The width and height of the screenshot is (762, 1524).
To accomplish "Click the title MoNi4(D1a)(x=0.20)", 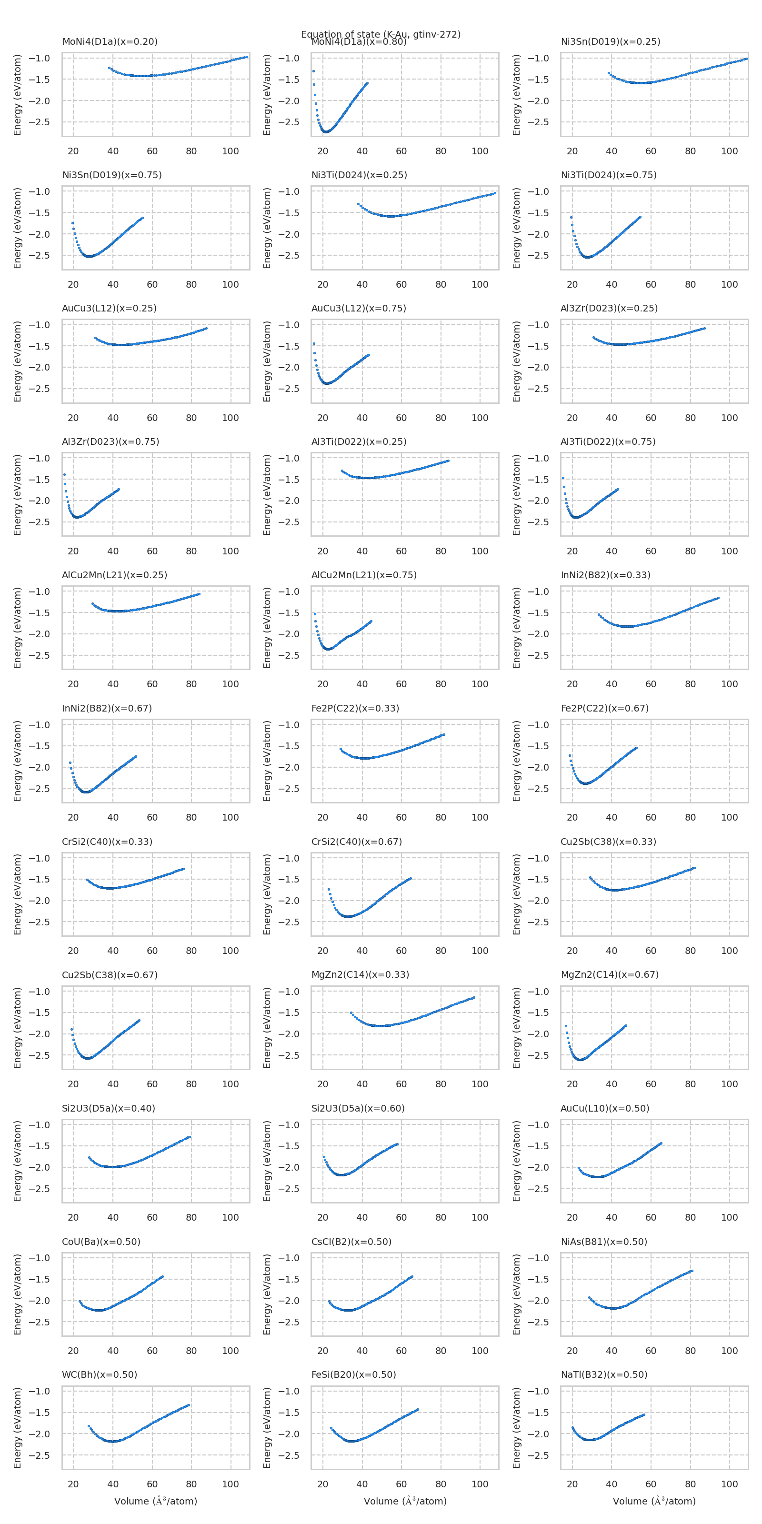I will tap(110, 41).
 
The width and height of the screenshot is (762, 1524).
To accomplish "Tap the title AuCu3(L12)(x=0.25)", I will tap(109, 308).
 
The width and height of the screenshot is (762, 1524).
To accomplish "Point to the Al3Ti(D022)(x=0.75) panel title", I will tap(608, 441).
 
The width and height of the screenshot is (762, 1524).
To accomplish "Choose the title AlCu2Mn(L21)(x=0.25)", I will tap(114, 574).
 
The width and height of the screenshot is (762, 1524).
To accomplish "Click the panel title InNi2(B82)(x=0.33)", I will tap(605, 574).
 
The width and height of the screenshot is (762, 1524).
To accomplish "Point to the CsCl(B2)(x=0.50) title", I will tap(351, 1241).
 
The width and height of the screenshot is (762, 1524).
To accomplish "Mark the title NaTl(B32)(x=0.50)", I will tap(603, 1374).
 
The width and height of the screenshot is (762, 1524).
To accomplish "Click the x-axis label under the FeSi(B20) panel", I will tap(405, 1501).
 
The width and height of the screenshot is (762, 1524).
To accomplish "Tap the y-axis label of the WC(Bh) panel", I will tap(17, 1428).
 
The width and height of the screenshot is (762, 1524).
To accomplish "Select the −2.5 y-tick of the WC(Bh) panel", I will tap(39, 1455).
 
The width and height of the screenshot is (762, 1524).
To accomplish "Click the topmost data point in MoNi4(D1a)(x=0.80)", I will tap(313, 71).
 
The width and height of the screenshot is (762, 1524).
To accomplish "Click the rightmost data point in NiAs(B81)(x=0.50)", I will tap(692, 1271).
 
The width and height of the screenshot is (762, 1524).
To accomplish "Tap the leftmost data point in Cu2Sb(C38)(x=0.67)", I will tap(71, 1029).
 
